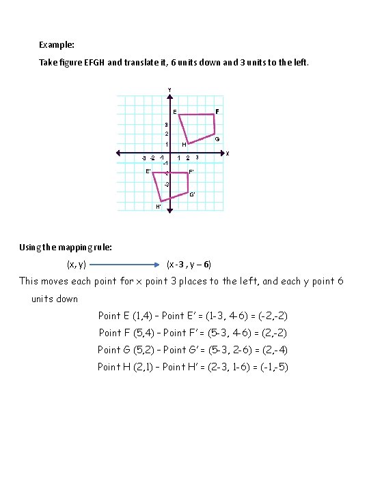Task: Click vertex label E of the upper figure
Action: (174, 112)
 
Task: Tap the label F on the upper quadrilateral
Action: (217, 110)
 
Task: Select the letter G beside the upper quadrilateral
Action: (217, 139)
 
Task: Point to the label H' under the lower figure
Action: (159, 206)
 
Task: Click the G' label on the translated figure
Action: (193, 195)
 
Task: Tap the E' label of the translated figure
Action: (148, 171)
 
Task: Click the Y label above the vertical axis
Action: (169, 89)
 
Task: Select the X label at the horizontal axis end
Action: (227, 153)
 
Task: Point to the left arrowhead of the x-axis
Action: (118, 153)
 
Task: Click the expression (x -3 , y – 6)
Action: (189, 264)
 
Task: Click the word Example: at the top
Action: (57, 45)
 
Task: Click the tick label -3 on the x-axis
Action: (143, 158)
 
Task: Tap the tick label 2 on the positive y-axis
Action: (166, 134)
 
